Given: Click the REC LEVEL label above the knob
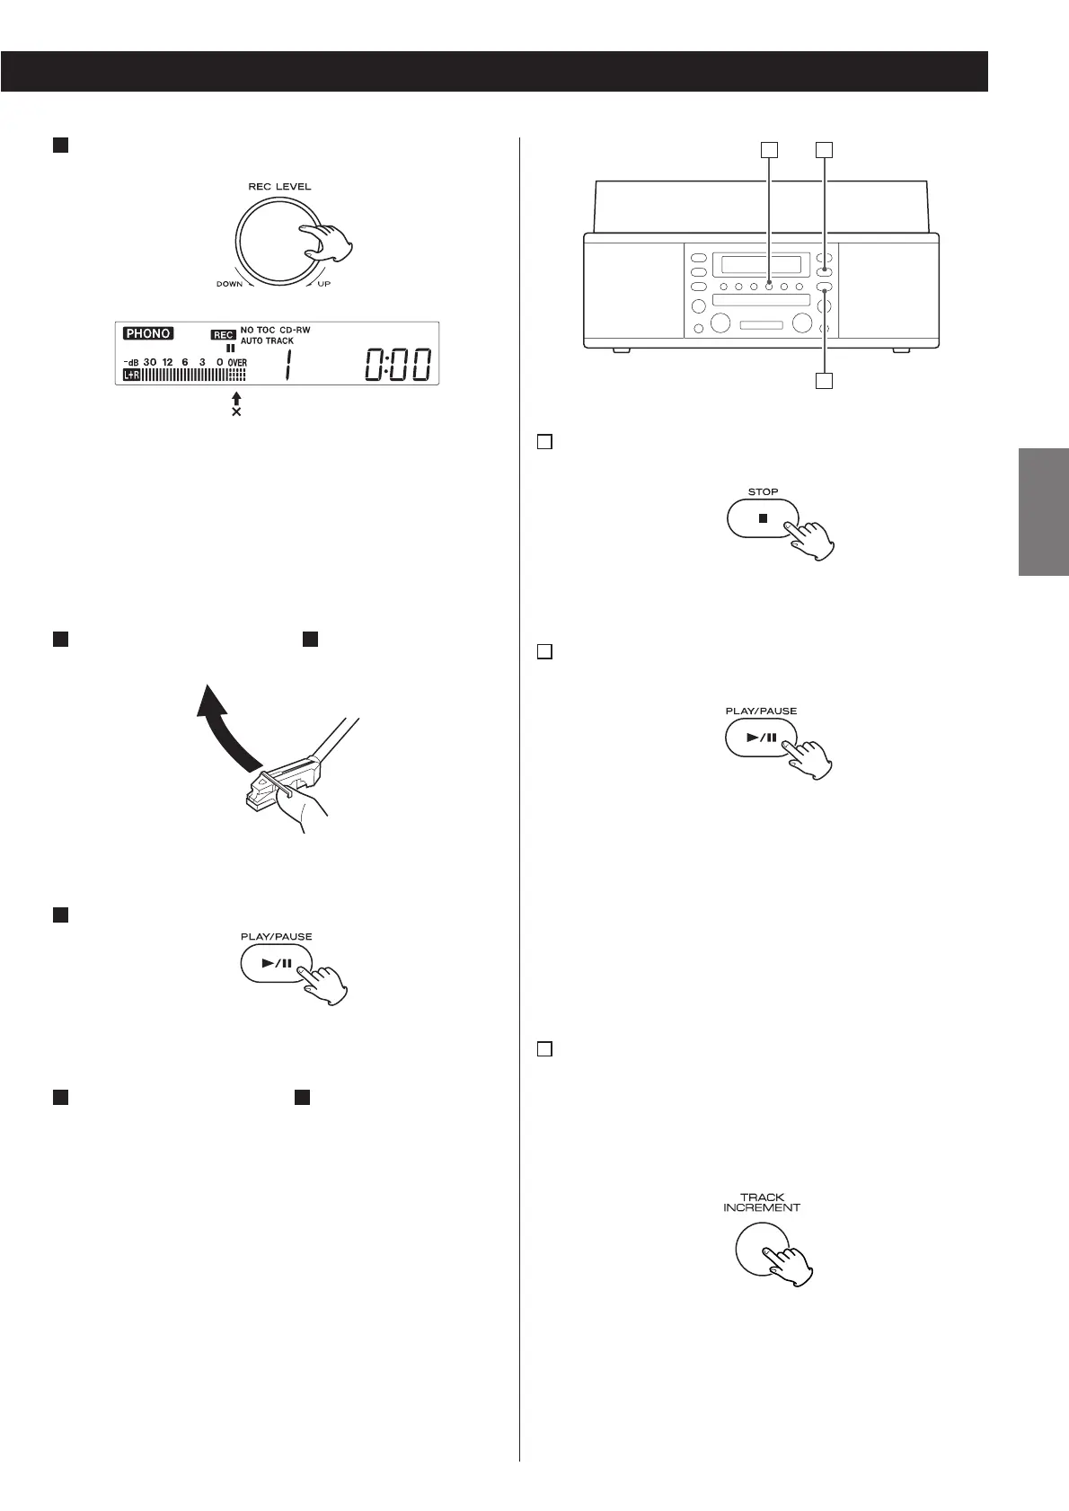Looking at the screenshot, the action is pos(279,187).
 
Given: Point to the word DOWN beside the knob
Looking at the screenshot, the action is pos(229,284).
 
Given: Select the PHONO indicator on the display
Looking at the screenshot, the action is pos(148,333).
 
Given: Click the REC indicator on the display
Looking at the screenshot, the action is pos(223,334).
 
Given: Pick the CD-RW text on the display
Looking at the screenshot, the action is pos(295,331).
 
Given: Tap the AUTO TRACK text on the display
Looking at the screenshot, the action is pos(267,341).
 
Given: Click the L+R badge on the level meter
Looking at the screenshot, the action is pos(132,374).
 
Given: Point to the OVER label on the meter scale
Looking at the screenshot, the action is pos(237,362).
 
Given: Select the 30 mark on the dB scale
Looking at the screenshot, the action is pos(150,362).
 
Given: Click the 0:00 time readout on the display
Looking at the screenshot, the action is pos(398,366).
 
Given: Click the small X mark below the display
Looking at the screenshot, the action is pos(236,411).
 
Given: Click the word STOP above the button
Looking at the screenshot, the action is pos(763,492).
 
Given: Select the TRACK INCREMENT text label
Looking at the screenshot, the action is pos(762,1202).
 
